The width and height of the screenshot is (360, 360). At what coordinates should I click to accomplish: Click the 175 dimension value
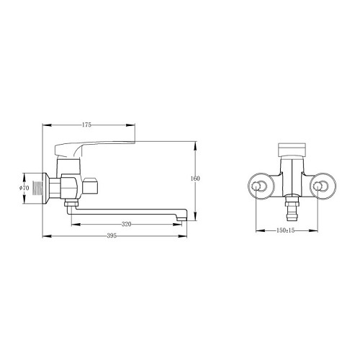point(86,125)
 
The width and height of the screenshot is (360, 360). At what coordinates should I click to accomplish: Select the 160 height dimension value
point(195,179)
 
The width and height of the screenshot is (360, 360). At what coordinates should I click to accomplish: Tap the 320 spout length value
point(127,224)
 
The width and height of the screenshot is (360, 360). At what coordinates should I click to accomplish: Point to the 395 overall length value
point(112,236)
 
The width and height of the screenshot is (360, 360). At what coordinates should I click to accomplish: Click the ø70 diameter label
point(24,188)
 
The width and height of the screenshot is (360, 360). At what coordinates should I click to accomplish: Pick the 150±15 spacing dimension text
point(285,230)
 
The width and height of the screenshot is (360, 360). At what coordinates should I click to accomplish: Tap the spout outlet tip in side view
point(181,218)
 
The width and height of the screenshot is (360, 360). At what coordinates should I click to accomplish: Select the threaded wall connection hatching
point(37,188)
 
